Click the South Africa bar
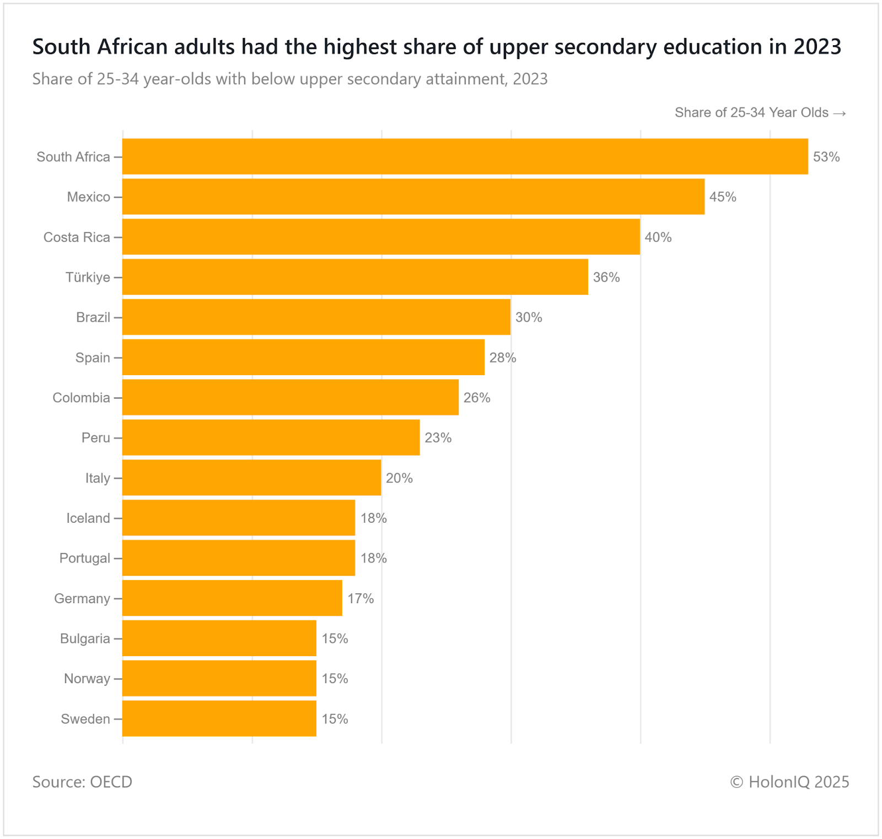coord(465,156)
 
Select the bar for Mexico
coord(413,197)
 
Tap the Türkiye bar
coord(355,277)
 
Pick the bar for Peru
coord(271,437)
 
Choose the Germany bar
coord(232,598)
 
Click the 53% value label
coord(826,157)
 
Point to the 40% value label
coord(658,237)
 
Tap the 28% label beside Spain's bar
coord(503,358)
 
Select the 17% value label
coord(361,599)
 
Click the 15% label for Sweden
coord(335,719)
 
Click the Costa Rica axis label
coord(77,237)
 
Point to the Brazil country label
coord(93,317)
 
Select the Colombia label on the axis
coord(81,398)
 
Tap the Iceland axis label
coord(88,518)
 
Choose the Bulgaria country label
coord(85,638)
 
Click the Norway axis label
coord(87,679)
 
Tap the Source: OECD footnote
coord(82,782)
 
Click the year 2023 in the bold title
coord(818,47)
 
